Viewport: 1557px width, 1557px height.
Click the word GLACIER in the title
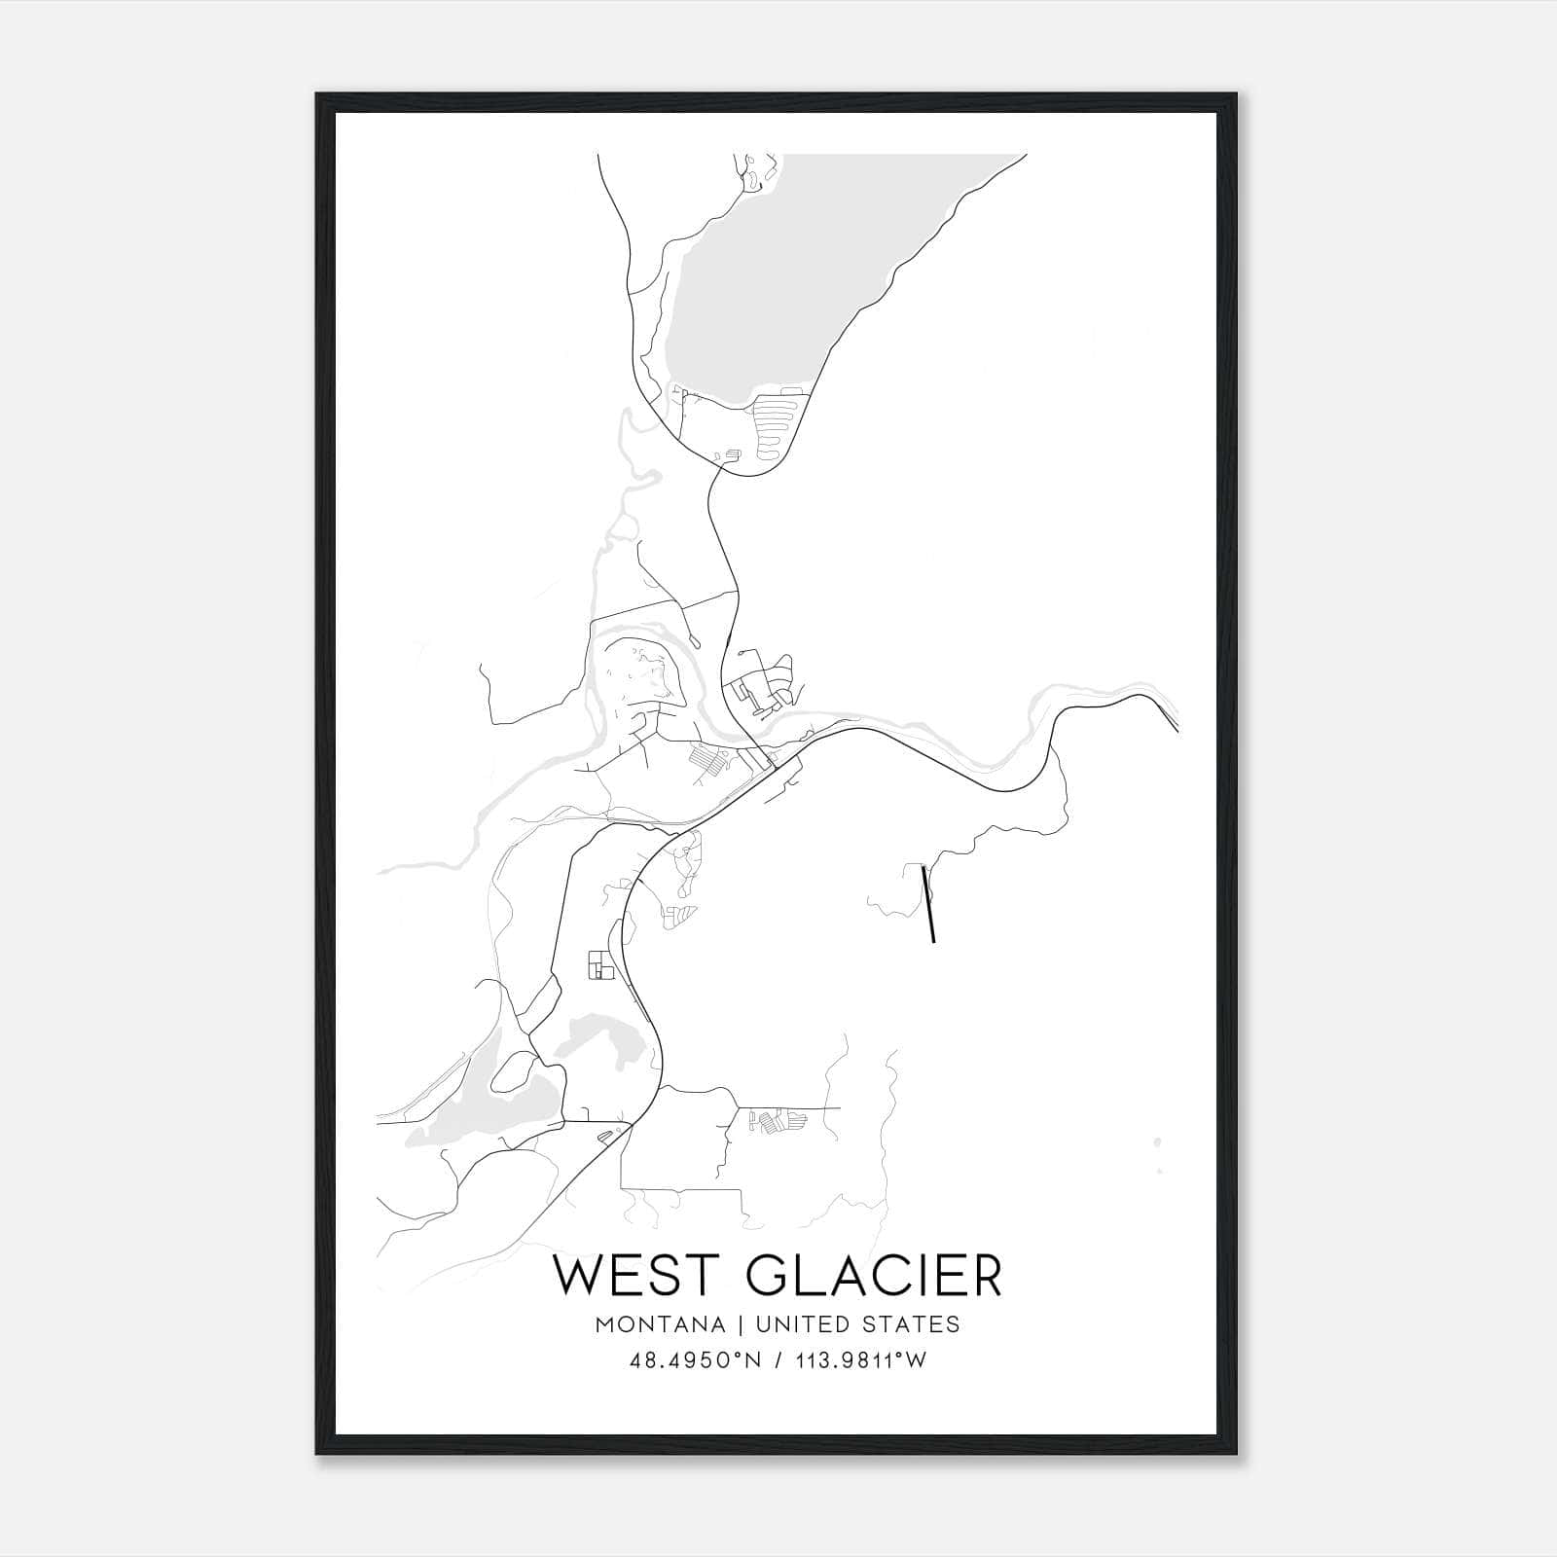pos(874,1276)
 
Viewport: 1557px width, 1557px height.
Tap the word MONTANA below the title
pos(661,1324)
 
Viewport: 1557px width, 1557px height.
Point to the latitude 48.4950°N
pos(691,1361)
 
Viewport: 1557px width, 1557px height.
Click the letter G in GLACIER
pos(770,1276)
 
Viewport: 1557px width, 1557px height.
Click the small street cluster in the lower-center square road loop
pos(778,1122)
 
